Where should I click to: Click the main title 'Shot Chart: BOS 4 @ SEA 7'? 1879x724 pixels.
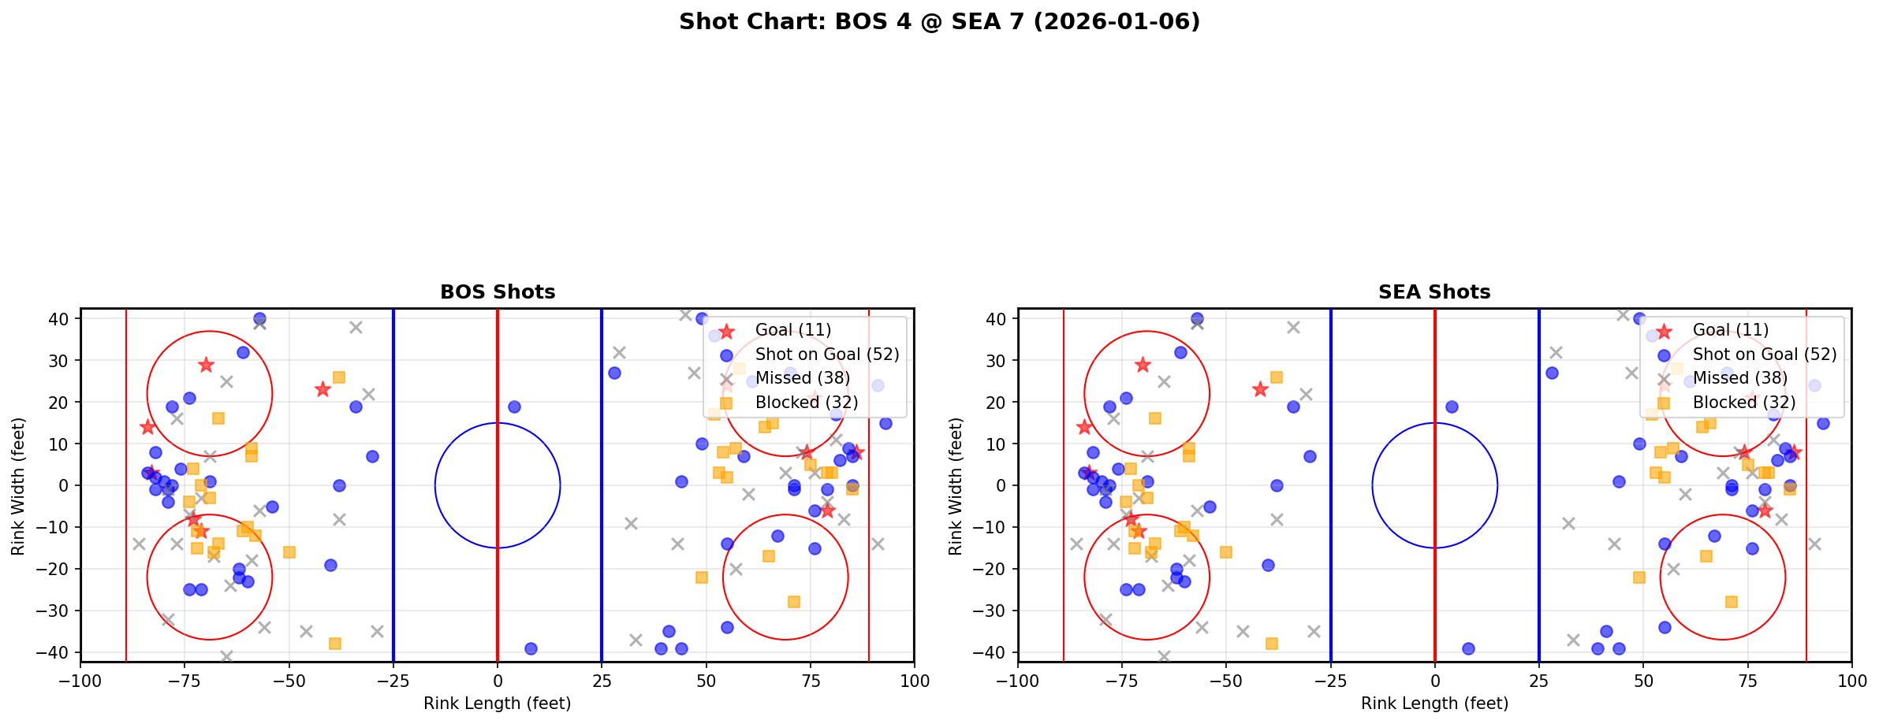939,22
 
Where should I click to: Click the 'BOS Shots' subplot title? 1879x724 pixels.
498,292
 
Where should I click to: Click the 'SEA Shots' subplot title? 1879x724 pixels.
1434,292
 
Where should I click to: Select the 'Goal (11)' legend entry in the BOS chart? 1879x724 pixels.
792,330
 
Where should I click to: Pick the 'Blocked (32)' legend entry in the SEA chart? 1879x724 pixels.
1744,403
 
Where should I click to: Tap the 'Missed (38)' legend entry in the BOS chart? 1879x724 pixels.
802,378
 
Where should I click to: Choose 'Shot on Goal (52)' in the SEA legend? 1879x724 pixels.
1765,355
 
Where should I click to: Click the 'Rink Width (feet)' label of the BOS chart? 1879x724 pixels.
18,486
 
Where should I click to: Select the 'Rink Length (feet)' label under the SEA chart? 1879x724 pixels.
1434,704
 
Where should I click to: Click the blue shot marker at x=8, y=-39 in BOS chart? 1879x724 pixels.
531,648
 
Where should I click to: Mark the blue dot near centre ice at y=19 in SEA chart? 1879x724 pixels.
1452,407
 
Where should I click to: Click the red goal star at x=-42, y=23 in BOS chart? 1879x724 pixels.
322,389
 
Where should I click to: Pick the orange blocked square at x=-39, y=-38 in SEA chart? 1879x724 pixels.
1272,644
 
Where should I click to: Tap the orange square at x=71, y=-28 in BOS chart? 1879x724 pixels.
793,602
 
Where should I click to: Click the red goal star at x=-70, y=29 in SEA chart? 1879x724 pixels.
1143,365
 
